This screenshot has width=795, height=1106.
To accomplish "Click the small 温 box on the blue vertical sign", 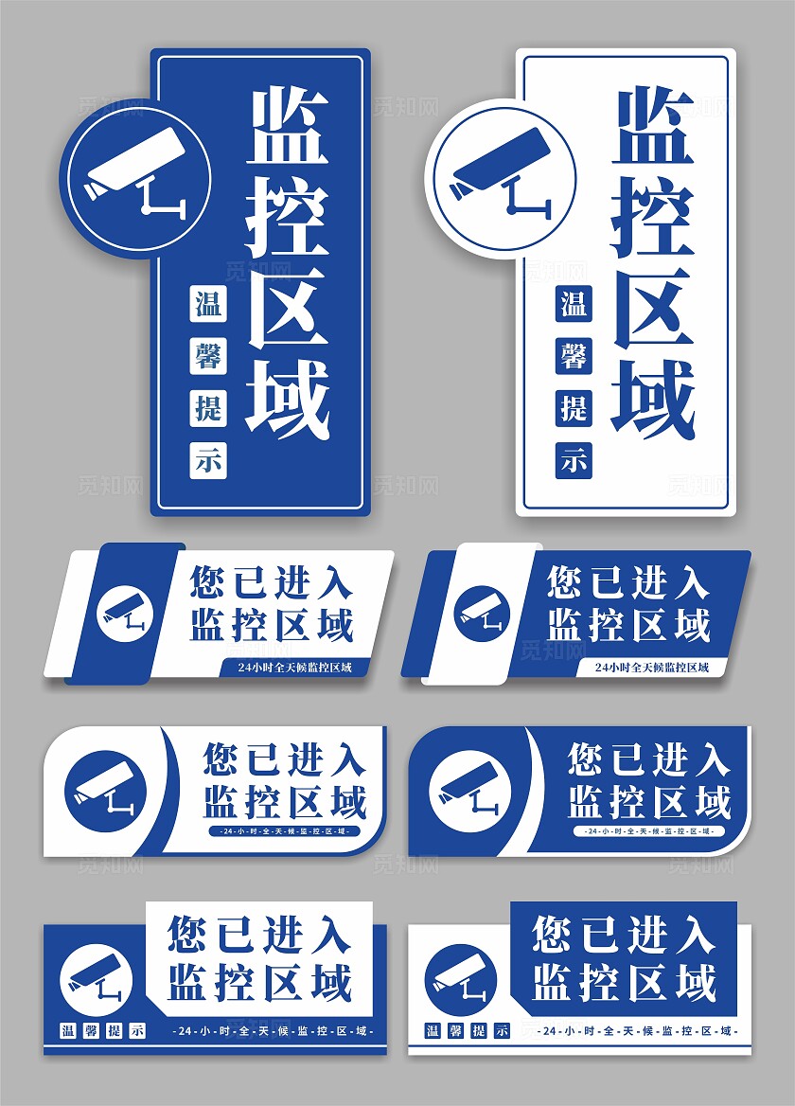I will coord(208,304).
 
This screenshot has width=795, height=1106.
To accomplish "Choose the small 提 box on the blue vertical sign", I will coord(208,408).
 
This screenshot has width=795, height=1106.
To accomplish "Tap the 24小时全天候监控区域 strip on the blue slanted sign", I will coord(652,668).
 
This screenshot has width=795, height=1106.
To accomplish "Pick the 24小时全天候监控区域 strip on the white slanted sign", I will coord(294,668).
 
